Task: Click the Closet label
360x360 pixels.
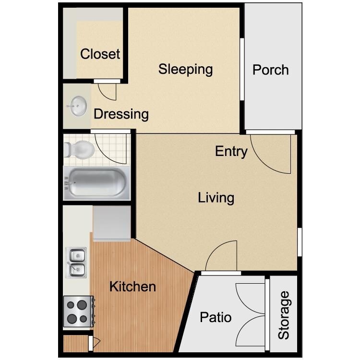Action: click(100, 53)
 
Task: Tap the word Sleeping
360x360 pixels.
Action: click(185, 69)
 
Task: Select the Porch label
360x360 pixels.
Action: click(271, 70)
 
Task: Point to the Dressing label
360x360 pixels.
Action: click(121, 114)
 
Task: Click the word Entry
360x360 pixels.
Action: click(231, 152)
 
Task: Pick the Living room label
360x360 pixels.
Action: click(216, 197)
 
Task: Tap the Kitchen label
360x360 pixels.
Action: click(132, 287)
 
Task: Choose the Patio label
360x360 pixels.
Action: click(216, 317)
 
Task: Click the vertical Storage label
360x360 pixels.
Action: click(284, 315)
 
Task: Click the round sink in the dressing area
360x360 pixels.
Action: click(77, 106)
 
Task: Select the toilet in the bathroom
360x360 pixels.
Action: click(79, 150)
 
